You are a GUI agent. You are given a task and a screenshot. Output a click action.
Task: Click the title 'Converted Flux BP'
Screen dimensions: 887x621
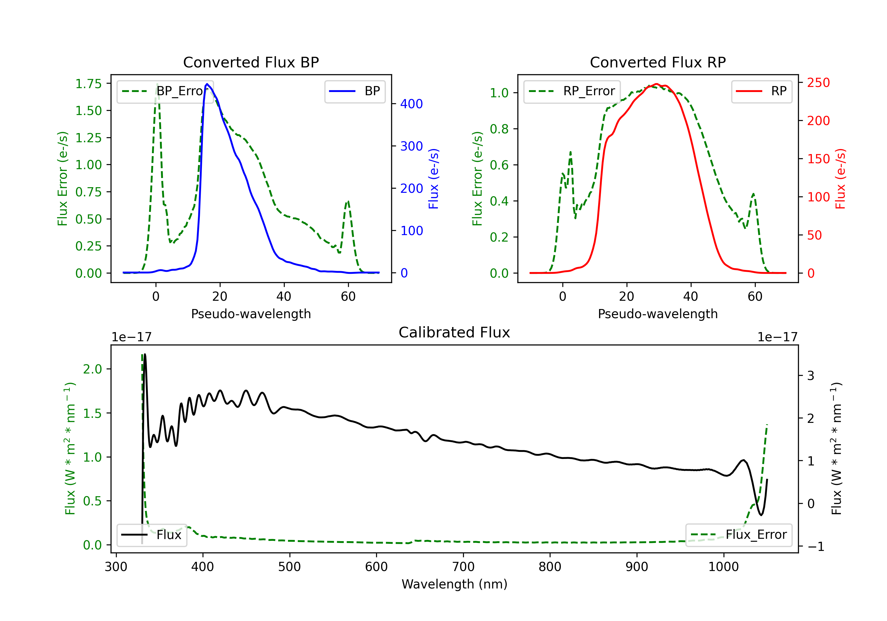point(251,62)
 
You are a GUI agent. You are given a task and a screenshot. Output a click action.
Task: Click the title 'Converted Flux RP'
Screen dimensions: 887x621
point(658,62)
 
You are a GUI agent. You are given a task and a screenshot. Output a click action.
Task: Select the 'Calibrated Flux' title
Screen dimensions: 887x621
point(454,332)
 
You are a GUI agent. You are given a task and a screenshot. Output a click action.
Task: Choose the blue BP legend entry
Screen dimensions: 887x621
point(355,91)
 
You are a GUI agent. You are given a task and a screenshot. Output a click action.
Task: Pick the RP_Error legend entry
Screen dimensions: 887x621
point(572,91)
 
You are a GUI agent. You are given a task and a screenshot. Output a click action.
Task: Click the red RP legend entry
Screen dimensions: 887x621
point(761,91)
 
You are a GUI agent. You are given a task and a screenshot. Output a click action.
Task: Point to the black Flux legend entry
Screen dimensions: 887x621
point(151,535)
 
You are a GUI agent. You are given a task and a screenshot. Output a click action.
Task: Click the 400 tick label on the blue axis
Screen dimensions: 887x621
point(412,104)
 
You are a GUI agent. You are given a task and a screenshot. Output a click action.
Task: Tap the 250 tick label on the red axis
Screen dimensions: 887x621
point(818,83)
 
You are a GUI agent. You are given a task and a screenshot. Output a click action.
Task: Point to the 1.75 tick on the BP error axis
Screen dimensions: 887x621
point(88,84)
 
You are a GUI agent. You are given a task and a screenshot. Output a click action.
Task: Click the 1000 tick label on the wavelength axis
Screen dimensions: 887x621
point(723,567)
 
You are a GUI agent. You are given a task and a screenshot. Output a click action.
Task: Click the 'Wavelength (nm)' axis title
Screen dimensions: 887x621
point(454,584)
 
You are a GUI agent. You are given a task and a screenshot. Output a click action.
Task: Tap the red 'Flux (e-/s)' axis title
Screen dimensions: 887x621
point(841,179)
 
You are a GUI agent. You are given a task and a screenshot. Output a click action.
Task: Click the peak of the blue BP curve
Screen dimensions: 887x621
point(207,84)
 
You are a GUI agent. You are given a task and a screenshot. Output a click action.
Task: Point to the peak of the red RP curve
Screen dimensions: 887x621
point(656,84)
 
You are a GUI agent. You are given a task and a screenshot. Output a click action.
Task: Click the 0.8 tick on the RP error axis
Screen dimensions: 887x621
point(499,129)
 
